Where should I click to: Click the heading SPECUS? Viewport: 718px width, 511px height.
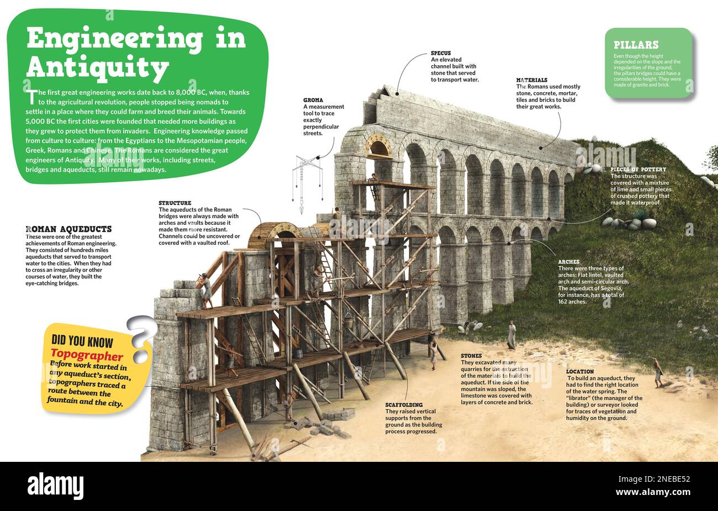tap(441, 54)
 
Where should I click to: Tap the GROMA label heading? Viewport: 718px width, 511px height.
tap(313, 100)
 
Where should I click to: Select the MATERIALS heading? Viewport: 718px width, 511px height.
tap(531, 80)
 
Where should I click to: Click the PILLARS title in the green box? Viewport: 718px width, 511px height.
tap(636, 45)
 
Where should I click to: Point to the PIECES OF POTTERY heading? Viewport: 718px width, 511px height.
tap(638, 169)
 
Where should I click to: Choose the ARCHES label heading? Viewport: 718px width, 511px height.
tap(569, 262)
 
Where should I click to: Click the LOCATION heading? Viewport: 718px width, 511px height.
tap(580, 372)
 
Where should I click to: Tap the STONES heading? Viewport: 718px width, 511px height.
tap(471, 356)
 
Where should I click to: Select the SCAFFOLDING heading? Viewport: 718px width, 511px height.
tap(404, 405)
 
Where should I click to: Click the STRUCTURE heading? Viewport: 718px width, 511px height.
tap(175, 203)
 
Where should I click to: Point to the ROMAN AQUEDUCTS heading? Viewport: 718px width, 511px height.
tap(68, 229)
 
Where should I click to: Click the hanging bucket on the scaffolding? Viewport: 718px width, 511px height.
tap(364, 320)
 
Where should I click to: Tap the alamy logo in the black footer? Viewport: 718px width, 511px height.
tap(59, 484)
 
